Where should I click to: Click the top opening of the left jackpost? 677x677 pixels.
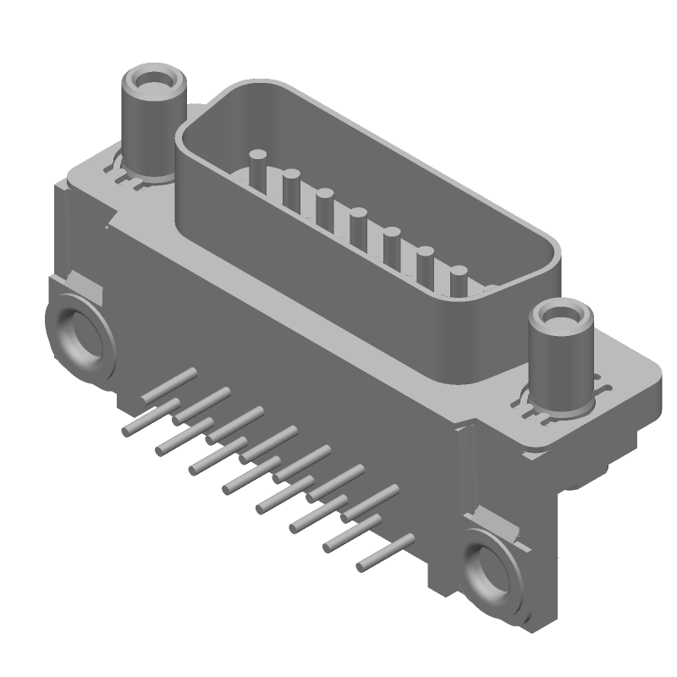click(153, 83)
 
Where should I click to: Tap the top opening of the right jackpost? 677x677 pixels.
click(559, 316)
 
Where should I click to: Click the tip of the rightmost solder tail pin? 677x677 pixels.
click(362, 565)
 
